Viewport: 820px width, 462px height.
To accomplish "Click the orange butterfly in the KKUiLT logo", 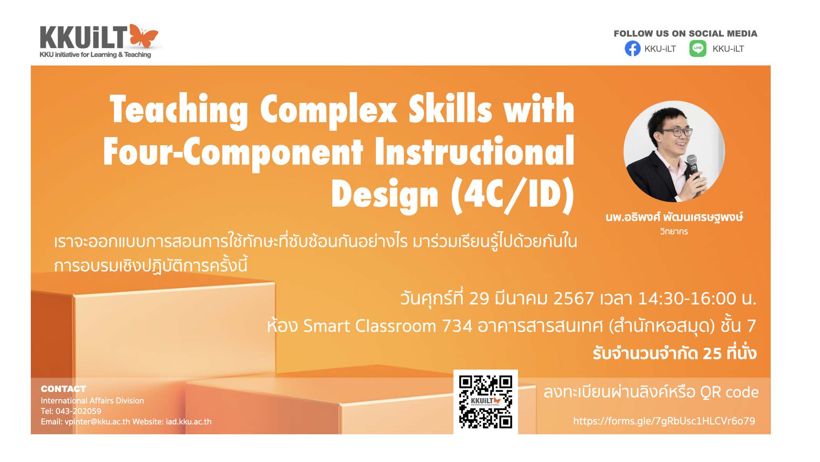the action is tap(143, 36).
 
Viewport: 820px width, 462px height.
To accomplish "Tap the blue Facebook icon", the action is tap(632, 49).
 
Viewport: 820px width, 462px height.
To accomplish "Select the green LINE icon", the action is tap(698, 49).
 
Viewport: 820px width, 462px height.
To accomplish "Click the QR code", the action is tap(485, 402).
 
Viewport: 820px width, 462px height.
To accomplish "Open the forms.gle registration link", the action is tap(664, 421).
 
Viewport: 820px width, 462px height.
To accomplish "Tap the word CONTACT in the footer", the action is tap(64, 389).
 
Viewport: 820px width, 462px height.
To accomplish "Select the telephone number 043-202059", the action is tap(79, 411).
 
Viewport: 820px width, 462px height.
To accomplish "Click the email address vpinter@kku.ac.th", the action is tap(97, 422).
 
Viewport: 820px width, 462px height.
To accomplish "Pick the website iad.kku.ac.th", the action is tap(189, 422).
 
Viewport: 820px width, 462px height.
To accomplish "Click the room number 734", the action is tap(457, 326).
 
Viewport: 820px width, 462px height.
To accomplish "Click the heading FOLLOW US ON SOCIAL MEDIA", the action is tap(686, 34).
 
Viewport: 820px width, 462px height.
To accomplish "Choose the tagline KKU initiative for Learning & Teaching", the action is tap(95, 55).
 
